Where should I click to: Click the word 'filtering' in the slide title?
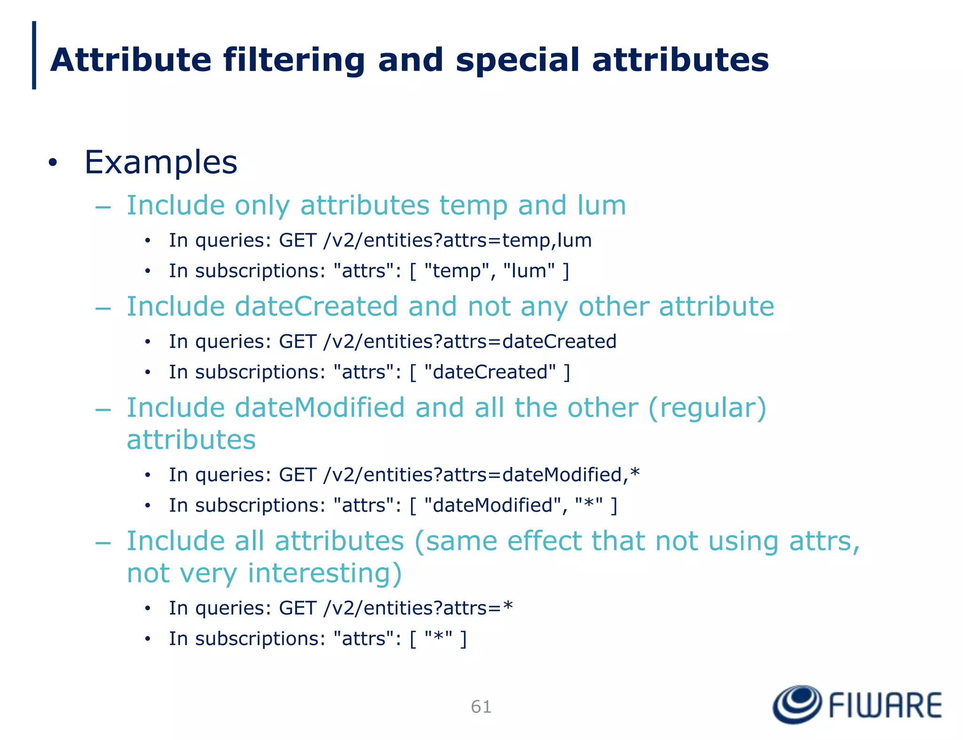(x=294, y=61)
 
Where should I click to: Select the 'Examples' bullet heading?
(x=161, y=162)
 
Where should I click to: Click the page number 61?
(x=481, y=707)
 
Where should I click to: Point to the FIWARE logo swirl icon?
(x=797, y=704)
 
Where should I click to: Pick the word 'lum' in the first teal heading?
(x=601, y=206)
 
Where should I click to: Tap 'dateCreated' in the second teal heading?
(x=316, y=307)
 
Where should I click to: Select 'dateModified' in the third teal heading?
(x=320, y=407)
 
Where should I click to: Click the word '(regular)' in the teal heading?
(x=707, y=407)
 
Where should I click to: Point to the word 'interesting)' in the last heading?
(x=324, y=573)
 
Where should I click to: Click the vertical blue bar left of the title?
(x=34, y=55)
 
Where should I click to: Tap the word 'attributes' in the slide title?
(x=680, y=61)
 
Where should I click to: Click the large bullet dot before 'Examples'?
(x=53, y=163)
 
